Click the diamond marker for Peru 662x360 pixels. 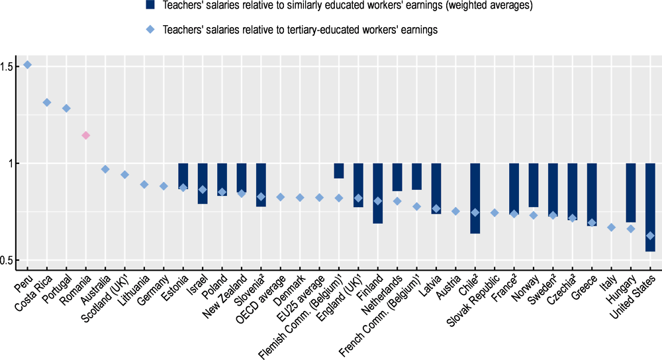[x=27, y=65]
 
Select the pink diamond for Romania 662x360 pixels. [x=85, y=136]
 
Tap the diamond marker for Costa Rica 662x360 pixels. [x=47, y=103]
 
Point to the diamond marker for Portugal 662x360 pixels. [x=66, y=109]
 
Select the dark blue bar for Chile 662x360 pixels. [x=475, y=198]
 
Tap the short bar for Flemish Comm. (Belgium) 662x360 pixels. [x=338, y=170]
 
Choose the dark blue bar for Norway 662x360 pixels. [x=534, y=185]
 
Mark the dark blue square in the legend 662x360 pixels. [x=152, y=6]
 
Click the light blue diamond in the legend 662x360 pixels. [x=152, y=30]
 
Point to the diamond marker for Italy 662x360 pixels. [x=612, y=228]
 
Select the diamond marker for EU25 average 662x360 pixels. [x=319, y=197]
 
